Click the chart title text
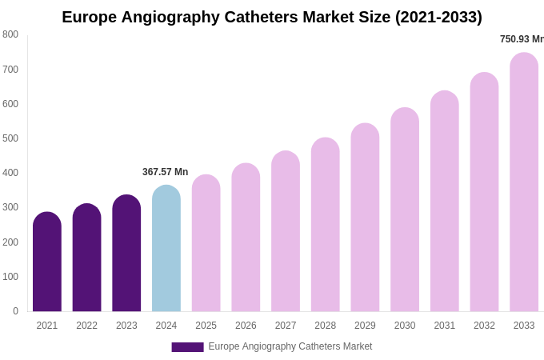(x=272, y=17)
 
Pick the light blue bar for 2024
(x=166, y=249)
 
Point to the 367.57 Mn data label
(x=165, y=172)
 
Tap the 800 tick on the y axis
(x=10, y=34)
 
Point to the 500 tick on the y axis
(x=10, y=138)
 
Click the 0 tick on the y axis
(x=15, y=311)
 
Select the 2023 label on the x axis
(x=126, y=326)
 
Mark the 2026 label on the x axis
(x=246, y=326)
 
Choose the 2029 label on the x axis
(x=365, y=326)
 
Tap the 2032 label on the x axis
(x=484, y=326)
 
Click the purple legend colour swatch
(x=187, y=347)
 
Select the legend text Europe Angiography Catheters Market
(x=290, y=346)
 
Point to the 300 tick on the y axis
(x=10, y=207)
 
